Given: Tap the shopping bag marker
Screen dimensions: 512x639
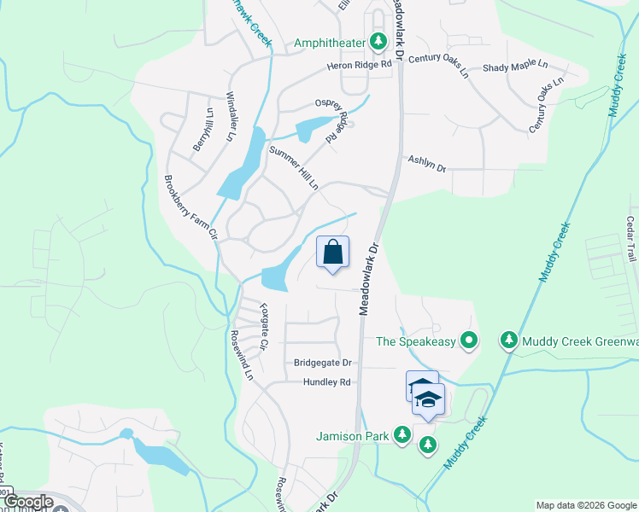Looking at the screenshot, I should click(333, 253).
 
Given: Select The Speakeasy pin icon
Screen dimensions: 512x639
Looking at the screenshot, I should click(468, 341).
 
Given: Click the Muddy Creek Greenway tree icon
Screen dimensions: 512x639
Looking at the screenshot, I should click(509, 341).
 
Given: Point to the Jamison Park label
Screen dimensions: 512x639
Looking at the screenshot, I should click(352, 437).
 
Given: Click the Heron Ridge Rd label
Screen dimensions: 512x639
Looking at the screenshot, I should click(359, 65).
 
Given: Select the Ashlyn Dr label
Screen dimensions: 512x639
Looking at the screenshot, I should click(427, 163).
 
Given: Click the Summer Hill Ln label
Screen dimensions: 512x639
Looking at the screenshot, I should click(294, 168).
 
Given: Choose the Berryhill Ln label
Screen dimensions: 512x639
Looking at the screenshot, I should click(202, 131).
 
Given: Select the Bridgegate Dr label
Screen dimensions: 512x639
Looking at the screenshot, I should click(323, 363).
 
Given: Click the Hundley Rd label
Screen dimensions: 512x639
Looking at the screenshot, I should click(327, 382).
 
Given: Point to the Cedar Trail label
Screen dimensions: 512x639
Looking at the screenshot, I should click(631, 239).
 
